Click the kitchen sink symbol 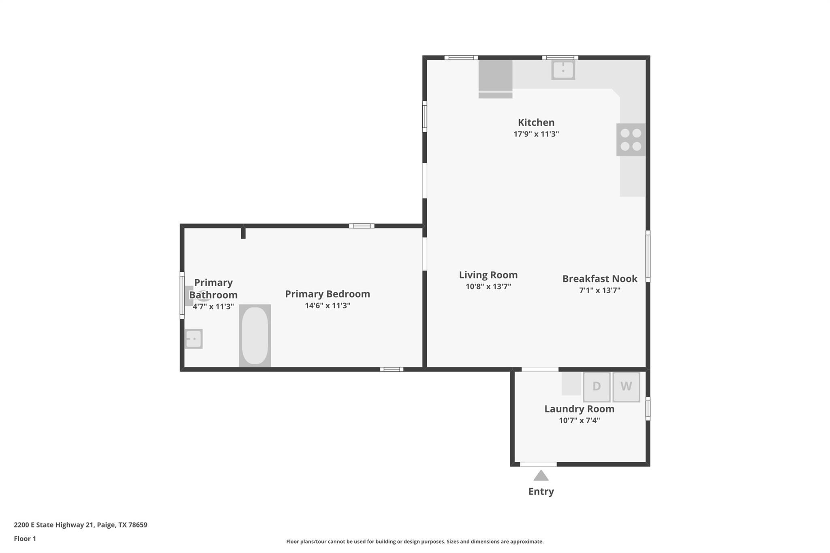563,70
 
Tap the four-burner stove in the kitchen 631,140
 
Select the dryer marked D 597,386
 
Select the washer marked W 626,386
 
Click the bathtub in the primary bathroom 255,335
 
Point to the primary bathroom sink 193,339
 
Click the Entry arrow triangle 541,476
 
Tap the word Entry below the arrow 541,491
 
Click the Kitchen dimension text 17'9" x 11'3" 536,134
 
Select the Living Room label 488,275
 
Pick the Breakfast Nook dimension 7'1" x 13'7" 599,290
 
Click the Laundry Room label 579,409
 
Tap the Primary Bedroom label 327,294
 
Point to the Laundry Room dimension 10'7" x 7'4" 579,421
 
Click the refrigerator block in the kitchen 495,76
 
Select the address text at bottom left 81,525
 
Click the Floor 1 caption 25,538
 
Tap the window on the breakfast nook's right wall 648,256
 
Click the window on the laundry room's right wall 648,408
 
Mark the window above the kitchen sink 560,58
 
